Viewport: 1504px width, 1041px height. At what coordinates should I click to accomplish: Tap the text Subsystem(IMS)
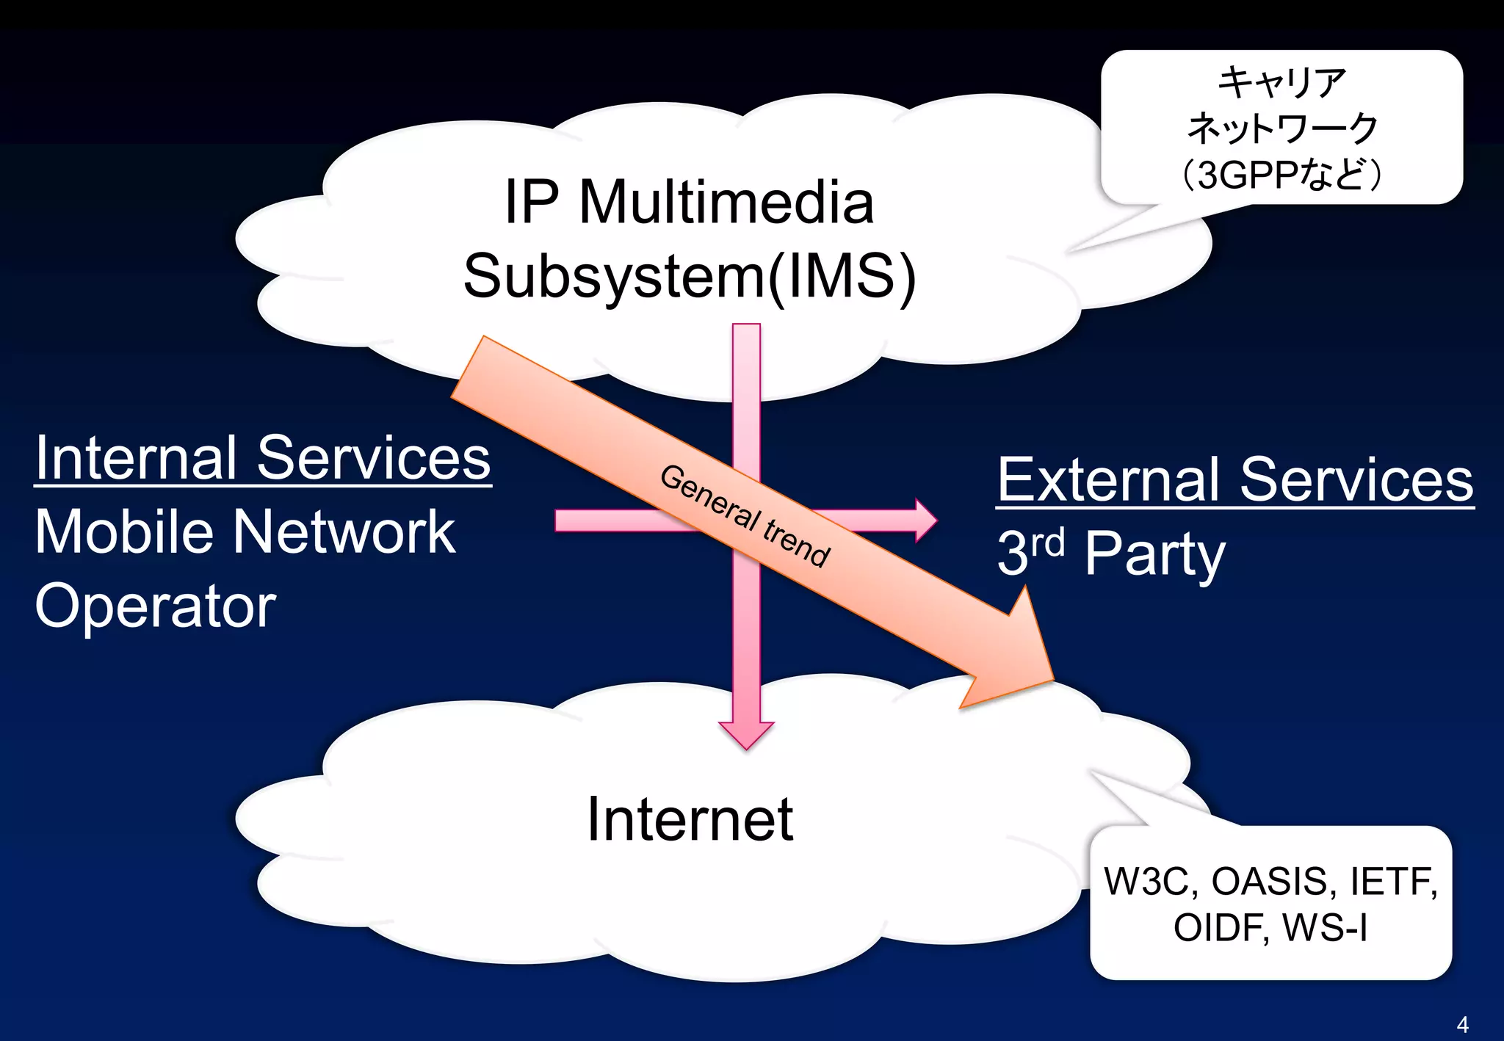tap(690, 276)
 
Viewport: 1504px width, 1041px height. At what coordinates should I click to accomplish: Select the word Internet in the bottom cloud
tap(690, 819)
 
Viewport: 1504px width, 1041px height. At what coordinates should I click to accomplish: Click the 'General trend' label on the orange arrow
tap(745, 516)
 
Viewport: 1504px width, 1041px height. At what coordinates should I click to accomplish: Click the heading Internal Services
tap(262, 458)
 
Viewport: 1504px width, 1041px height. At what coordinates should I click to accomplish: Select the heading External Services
tap(1234, 480)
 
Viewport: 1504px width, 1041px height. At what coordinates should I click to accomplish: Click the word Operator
tap(155, 607)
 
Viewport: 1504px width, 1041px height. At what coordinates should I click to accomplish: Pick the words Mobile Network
tap(245, 532)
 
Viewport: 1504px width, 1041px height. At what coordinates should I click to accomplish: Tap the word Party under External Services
tap(1154, 555)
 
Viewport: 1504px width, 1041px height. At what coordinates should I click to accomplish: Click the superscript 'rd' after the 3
tap(1047, 542)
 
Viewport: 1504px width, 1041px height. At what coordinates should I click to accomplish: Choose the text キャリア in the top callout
tap(1281, 82)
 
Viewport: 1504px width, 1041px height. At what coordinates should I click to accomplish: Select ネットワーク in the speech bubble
tap(1281, 128)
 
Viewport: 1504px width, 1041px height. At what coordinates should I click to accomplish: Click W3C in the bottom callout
tap(1146, 882)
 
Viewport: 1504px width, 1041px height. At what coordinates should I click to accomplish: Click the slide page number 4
tap(1462, 1024)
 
